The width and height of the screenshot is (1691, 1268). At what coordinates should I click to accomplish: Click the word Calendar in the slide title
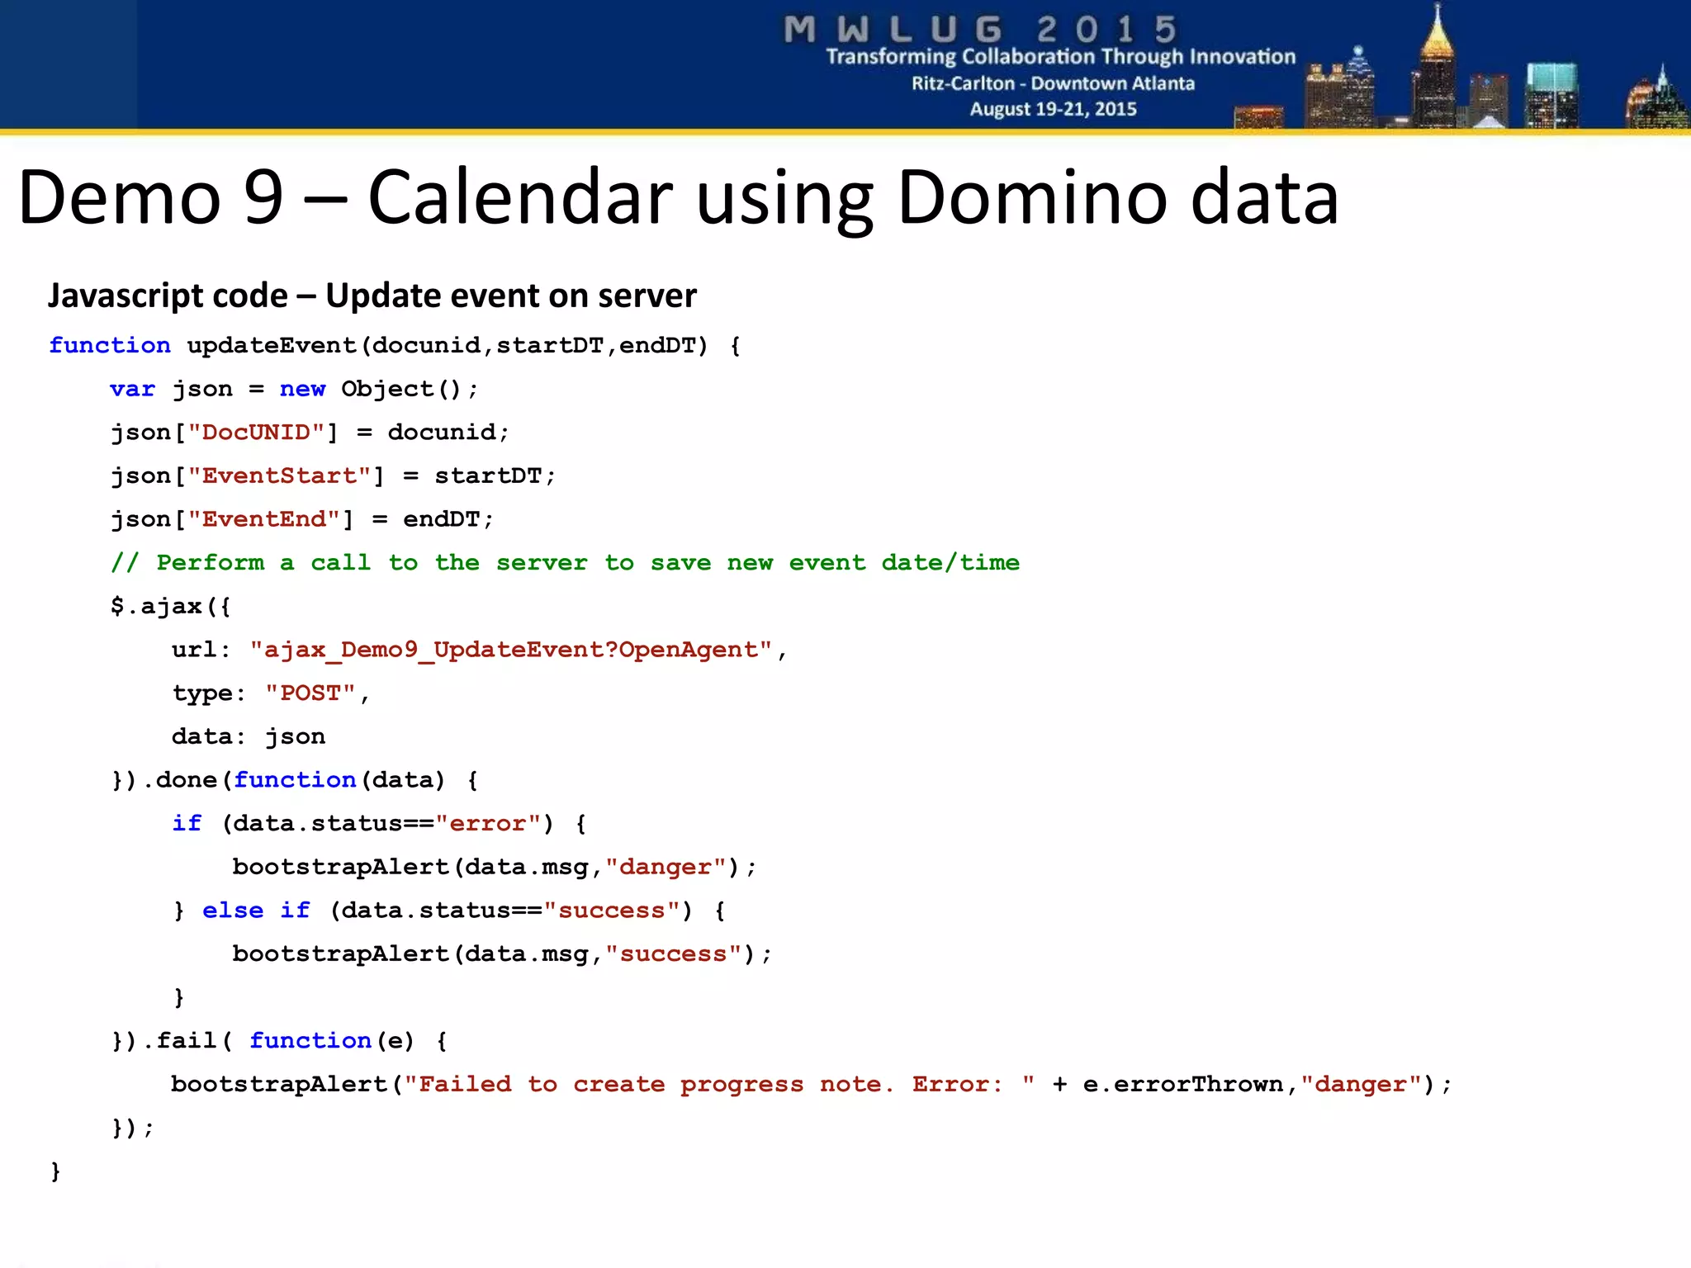pyautogui.click(x=520, y=198)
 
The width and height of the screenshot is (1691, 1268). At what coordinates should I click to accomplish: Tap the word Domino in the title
pyautogui.click(x=1032, y=198)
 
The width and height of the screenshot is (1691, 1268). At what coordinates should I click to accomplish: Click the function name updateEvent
pyautogui.click(x=272, y=345)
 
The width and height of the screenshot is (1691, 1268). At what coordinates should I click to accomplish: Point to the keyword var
pyautogui.click(x=132, y=389)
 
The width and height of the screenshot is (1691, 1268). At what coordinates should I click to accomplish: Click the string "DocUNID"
pyautogui.click(x=256, y=433)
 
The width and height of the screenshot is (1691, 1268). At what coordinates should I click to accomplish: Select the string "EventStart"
pyautogui.click(x=279, y=476)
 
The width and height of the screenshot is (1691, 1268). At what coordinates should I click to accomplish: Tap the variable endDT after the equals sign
pyautogui.click(x=442, y=519)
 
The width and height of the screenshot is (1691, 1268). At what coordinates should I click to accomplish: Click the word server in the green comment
pyautogui.click(x=542, y=563)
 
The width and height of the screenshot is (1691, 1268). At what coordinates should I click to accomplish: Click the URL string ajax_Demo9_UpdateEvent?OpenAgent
pyautogui.click(x=511, y=650)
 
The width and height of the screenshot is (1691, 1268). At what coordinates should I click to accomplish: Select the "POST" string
pyautogui.click(x=310, y=693)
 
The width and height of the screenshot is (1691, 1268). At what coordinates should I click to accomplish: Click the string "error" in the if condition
pyautogui.click(x=487, y=824)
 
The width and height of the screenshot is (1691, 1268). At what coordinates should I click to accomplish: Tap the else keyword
pyautogui.click(x=233, y=911)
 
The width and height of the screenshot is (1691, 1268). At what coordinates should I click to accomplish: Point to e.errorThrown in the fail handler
pyautogui.click(x=1182, y=1084)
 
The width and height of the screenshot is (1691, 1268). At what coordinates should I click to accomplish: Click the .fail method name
pyautogui.click(x=179, y=1041)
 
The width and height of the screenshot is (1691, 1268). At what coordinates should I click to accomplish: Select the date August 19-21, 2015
pyautogui.click(x=1053, y=109)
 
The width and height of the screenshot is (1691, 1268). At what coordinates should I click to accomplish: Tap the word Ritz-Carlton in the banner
pyautogui.click(x=963, y=83)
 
